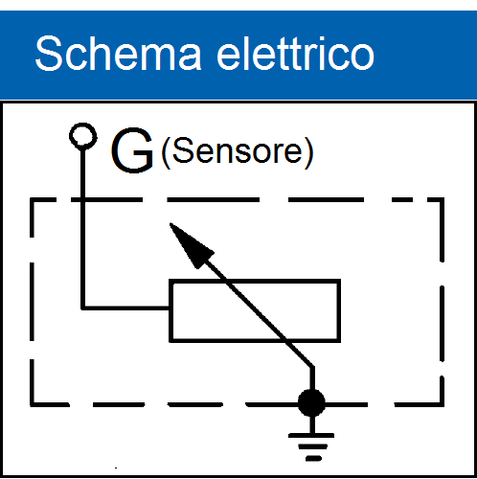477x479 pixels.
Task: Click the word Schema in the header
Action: (x=118, y=53)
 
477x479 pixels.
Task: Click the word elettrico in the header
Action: (x=295, y=53)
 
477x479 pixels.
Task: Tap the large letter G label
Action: (x=132, y=150)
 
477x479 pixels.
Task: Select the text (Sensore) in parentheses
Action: (x=238, y=152)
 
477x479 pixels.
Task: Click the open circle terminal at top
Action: (x=83, y=136)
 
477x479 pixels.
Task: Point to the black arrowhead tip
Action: (x=170, y=223)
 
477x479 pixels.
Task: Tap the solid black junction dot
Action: (x=311, y=403)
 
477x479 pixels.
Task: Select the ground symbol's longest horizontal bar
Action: (x=311, y=436)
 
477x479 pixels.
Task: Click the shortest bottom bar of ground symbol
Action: (x=313, y=459)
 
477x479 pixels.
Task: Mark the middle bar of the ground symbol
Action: (x=313, y=446)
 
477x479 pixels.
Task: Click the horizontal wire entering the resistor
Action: (x=126, y=308)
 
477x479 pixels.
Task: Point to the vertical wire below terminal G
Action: (x=83, y=228)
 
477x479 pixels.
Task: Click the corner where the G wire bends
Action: (x=83, y=308)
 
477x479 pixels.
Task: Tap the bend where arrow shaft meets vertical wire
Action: (x=312, y=368)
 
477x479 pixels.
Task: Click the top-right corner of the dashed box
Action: (x=442, y=200)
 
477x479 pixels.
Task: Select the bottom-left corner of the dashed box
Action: (x=32, y=404)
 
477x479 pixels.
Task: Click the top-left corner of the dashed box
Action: (x=32, y=200)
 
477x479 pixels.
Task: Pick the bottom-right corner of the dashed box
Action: (x=442, y=404)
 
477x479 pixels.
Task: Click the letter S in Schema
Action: (x=49, y=53)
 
